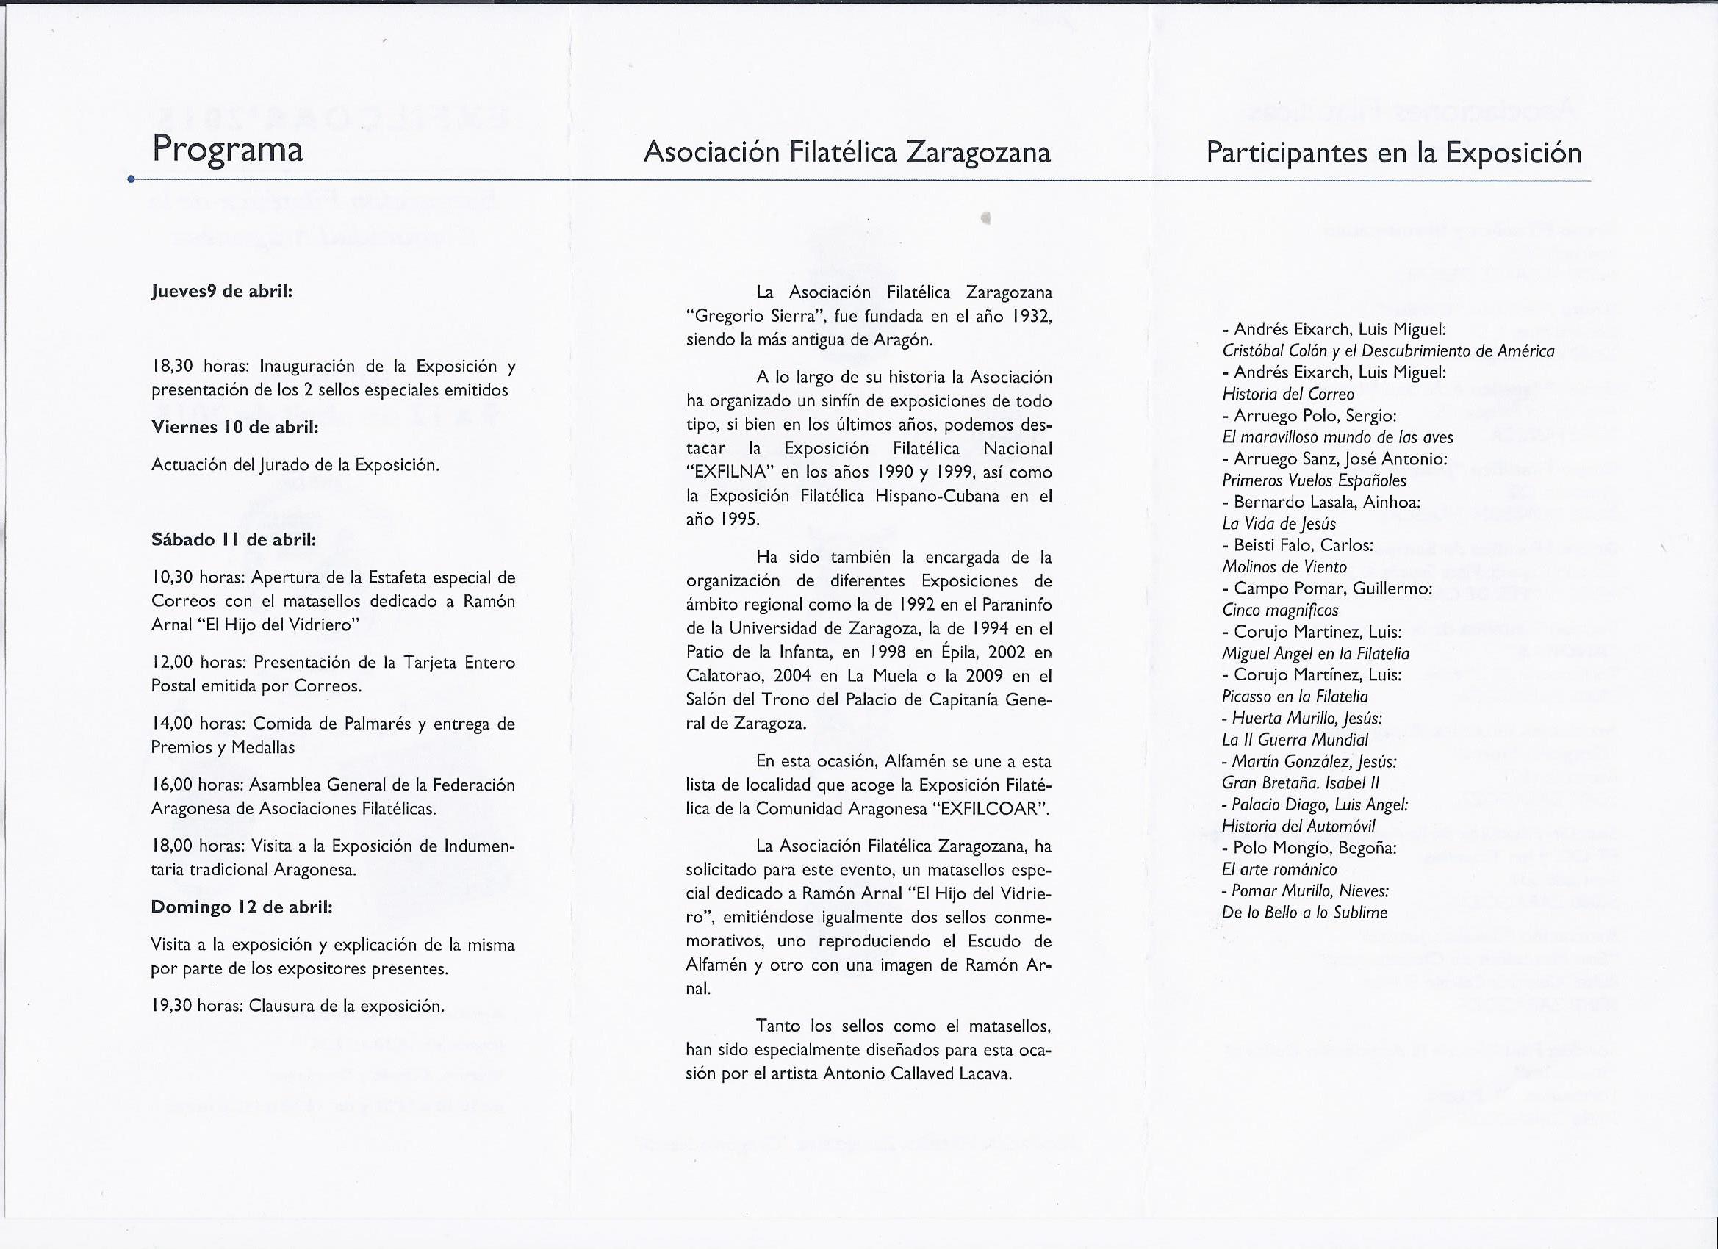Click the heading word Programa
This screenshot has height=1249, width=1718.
pos(227,149)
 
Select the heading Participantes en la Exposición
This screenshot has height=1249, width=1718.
pos(1393,153)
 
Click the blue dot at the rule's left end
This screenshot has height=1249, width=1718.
pos(131,179)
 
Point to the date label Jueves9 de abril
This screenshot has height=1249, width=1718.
pos(222,292)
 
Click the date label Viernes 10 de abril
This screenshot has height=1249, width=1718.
pos(235,426)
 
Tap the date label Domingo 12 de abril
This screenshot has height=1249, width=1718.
pos(242,907)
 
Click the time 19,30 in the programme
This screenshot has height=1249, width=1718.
pos(170,1006)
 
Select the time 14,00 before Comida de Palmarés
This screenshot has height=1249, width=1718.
pos(171,724)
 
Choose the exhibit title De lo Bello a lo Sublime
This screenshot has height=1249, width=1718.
pos(1304,913)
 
